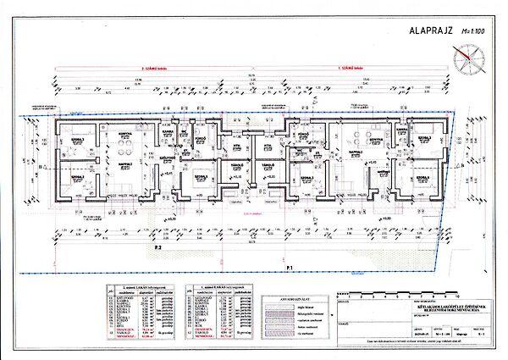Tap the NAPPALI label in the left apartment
[x=124, y=163]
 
